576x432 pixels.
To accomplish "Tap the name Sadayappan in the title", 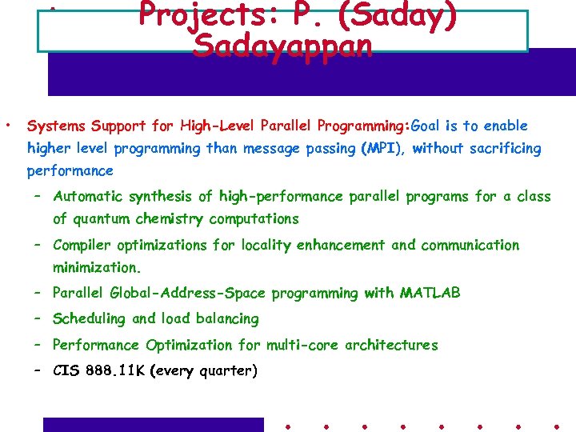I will (282, 46).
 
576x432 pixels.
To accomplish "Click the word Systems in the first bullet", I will (57, 126).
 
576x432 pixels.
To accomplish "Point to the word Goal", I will (426, 126).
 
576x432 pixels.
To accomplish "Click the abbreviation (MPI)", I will (384, 149).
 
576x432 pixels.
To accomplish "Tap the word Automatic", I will (88, 197).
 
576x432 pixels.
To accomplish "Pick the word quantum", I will (102, 219).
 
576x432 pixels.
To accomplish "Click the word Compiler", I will (83, 246).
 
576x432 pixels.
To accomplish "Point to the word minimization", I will (97, 268).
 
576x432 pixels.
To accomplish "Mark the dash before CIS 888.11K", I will (38, 370).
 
